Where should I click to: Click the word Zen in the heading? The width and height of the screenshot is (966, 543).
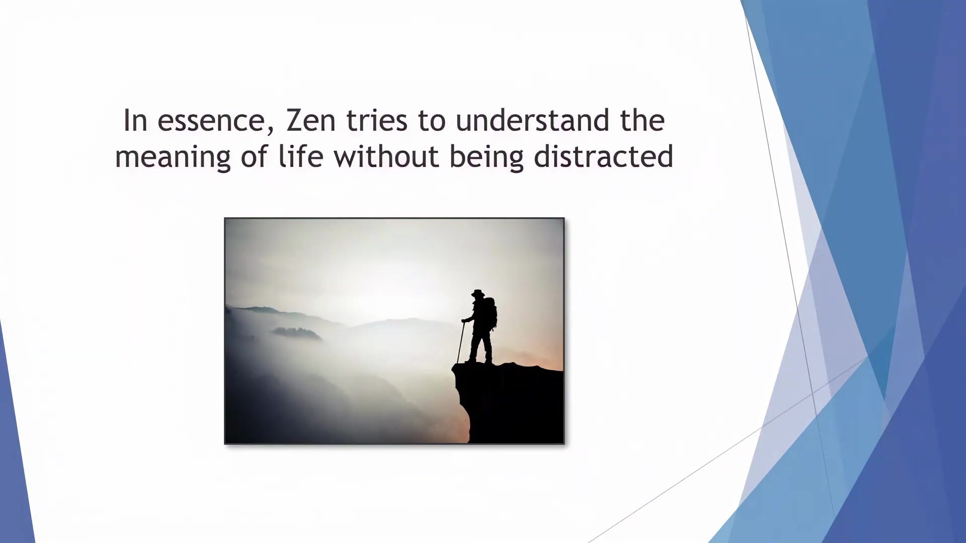[311, 121]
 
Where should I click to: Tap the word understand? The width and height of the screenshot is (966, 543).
[532, 121]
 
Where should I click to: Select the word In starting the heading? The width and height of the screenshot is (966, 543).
[135, 121]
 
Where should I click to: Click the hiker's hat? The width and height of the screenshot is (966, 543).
[477, 293]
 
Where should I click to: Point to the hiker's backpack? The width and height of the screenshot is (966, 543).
[491, 313]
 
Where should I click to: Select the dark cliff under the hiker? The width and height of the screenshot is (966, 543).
[508, 402]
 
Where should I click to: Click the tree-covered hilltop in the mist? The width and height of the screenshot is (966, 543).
[297, 332]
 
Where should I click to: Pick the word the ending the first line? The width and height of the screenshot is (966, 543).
[642, 121]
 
